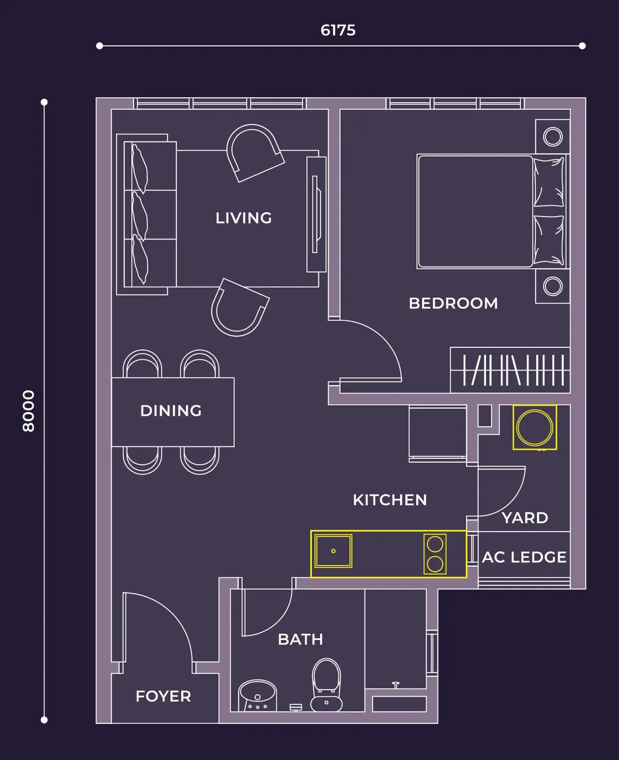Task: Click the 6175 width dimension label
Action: coord(338,30)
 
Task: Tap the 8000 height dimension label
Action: coord(29,411)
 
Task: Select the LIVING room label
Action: coord(244,218)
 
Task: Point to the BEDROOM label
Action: coord(453,303)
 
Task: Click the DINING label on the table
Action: coord(171,411)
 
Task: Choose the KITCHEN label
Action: coord(390,500)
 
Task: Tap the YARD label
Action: coord(525,518)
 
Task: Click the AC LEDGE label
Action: coord(524,557)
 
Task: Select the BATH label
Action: coord(301,640)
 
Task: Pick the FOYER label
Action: coord(163,696)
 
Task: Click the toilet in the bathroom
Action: coord(326,685)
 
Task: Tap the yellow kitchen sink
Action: coord(333,551)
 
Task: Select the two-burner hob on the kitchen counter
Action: coord(435,554)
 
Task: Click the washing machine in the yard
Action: coord(535,427)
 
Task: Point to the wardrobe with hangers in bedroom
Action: coord(510,370)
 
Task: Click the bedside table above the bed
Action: coord(552,137)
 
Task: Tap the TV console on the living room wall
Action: coord(316,215)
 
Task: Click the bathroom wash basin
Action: coord(257,696)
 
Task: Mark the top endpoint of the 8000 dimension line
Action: coord(44,102)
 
